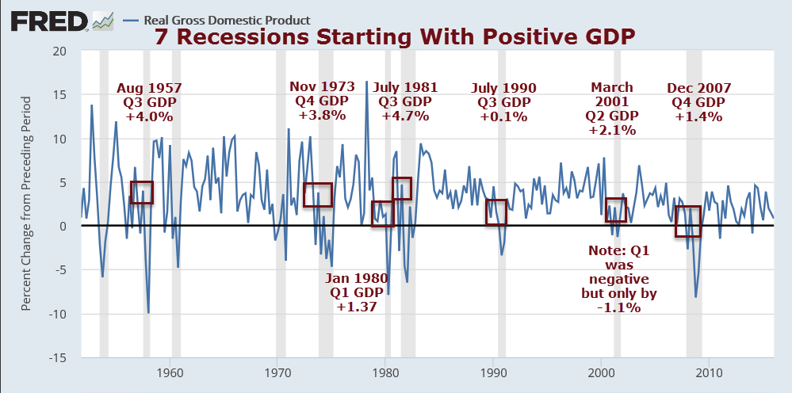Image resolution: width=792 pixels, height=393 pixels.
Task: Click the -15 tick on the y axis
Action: click(60, 358)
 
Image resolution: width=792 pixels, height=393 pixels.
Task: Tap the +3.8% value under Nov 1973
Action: click(317, 115)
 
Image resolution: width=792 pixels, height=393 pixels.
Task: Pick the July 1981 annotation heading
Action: click(404, 88)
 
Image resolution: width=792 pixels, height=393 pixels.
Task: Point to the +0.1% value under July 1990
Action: click(503, 116)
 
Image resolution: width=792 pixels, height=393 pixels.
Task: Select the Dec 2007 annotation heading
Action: click(698, 88)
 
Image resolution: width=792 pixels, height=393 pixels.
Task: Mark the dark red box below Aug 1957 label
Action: click(141, 193)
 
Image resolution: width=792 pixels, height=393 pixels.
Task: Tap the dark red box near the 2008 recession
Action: click(688, 221)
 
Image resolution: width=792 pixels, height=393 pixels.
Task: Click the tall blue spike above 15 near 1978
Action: click(366, 82)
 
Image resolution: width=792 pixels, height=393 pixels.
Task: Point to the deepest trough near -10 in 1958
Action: click(148, 312)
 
